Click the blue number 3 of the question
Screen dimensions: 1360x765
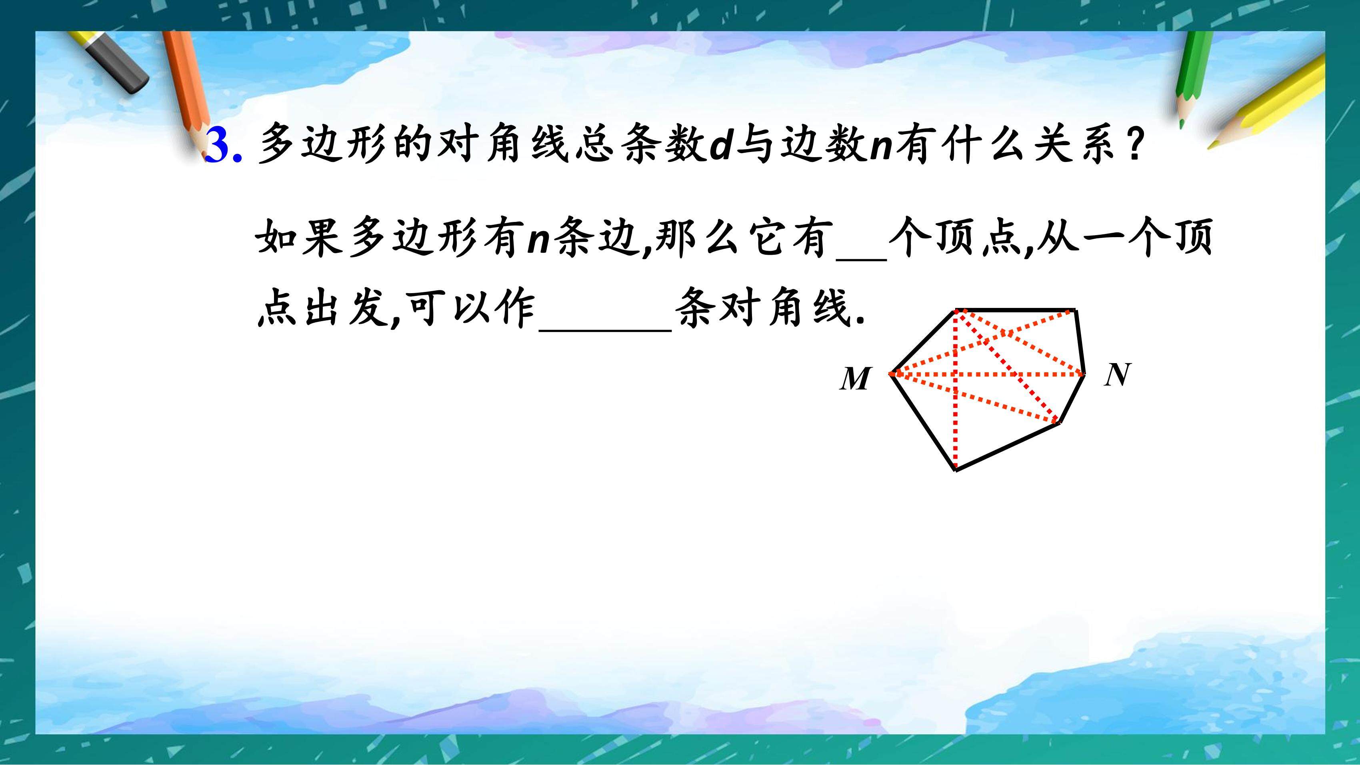218,145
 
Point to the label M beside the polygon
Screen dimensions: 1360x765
855,379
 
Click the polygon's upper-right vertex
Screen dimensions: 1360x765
1076,310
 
